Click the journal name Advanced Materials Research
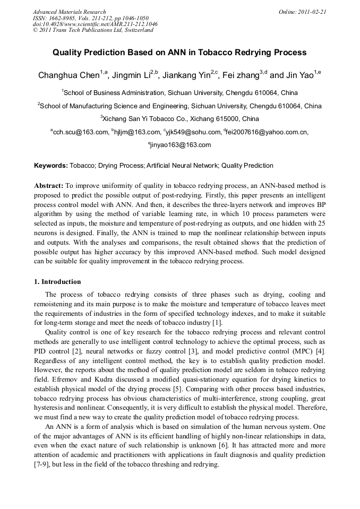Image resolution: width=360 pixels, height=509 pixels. [69, 12]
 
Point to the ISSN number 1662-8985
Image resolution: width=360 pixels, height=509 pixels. [62, 18]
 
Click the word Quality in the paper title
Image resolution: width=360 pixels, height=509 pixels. [68, 53]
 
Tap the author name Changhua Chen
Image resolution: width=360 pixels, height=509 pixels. [68, 75]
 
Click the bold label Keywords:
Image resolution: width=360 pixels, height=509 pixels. [51, 166]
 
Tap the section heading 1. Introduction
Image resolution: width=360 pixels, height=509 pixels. [57, 282]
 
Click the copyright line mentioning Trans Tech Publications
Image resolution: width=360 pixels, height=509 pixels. [93, 30]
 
